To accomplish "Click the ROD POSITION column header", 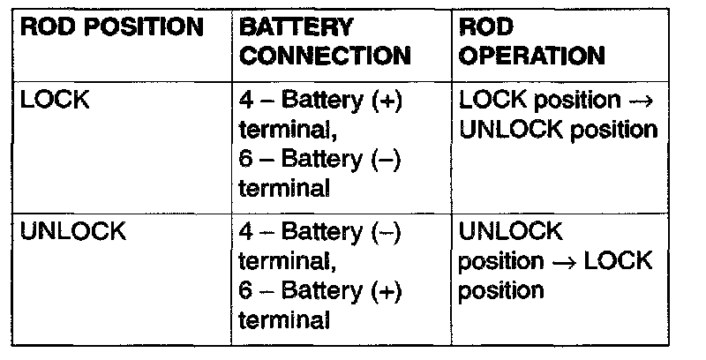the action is point(111,27).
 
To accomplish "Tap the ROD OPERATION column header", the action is point(532,41).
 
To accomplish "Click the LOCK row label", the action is point(55,101).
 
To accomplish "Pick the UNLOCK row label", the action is point(72,232).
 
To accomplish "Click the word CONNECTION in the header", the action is point(326,56).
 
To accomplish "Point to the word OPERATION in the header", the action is point(532,56).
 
